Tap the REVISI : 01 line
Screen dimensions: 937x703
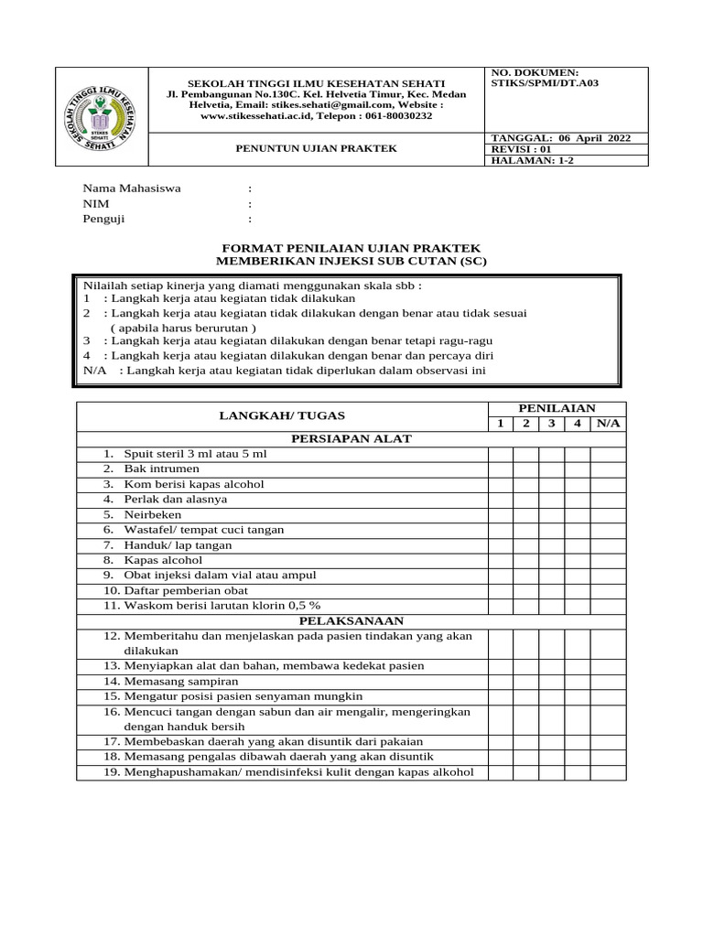522,149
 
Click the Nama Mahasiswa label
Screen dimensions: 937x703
133,188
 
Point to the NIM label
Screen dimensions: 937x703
96,204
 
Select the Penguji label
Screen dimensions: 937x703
104,220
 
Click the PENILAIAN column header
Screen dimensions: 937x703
557,407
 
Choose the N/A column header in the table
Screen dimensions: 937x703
608,424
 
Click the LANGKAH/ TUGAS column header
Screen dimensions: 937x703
281,415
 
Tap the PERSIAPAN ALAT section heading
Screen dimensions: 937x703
351,438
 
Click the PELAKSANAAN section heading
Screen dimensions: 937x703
351,620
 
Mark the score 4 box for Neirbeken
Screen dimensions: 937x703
578,514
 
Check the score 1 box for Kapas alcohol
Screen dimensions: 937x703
500,560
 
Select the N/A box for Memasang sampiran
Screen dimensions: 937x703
608,682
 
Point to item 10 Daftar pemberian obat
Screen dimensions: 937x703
181,590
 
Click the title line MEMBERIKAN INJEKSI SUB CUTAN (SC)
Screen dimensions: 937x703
351,262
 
